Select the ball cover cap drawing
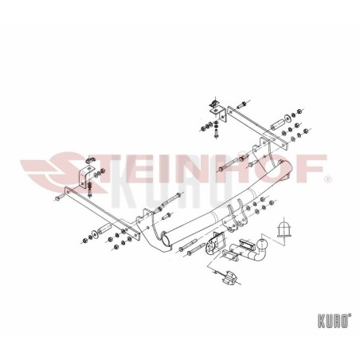(x=284, y=229)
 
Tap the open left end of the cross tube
(x=166, y=238)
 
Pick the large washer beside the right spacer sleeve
(x=288, y=118)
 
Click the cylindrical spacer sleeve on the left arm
(x=104, y=229)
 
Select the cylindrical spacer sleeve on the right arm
(x=277, y=124)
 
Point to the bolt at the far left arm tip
(x=60, y=198)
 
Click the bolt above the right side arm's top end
(x=241, y=105)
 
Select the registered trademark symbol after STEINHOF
(x=328, y=180)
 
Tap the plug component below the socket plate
(x=230, y=277)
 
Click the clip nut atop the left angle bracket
(x=90, y=160)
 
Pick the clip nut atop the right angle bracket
(x=213, y=102)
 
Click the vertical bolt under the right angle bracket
(x=217, y=131)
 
